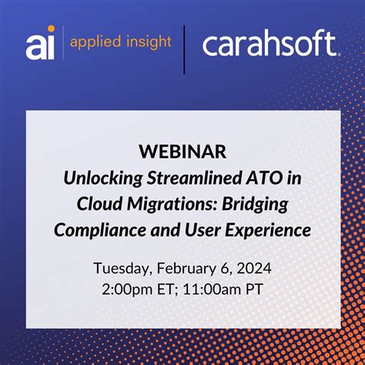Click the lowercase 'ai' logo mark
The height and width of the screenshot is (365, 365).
pyautogui.click(x=40, y=44)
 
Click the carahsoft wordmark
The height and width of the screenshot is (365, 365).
pyautogui.click(x=270, y=44)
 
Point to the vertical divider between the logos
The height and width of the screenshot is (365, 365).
pyautogui.click(x=184, y=48)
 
